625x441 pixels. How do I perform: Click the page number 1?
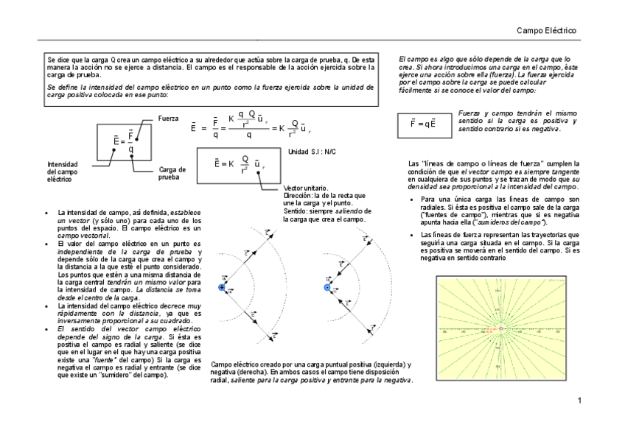[580, 401]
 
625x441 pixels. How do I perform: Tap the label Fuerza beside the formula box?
[168, 119]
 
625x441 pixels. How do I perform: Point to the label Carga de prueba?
[172, 173]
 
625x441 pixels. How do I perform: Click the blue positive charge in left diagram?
[221, 288]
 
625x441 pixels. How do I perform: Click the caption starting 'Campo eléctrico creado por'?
[311, 372]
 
